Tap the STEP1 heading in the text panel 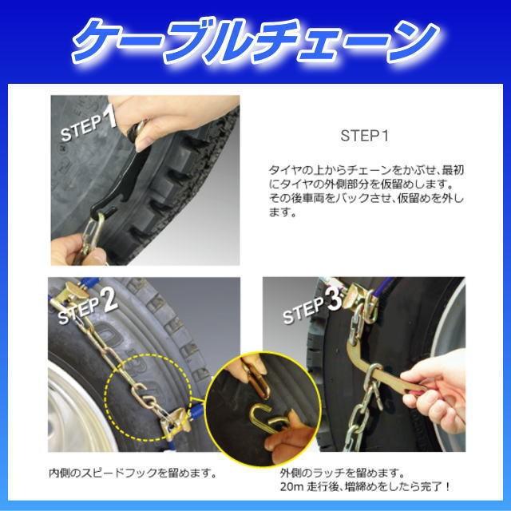coord(364,135)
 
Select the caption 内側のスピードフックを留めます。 coord(133,472)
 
